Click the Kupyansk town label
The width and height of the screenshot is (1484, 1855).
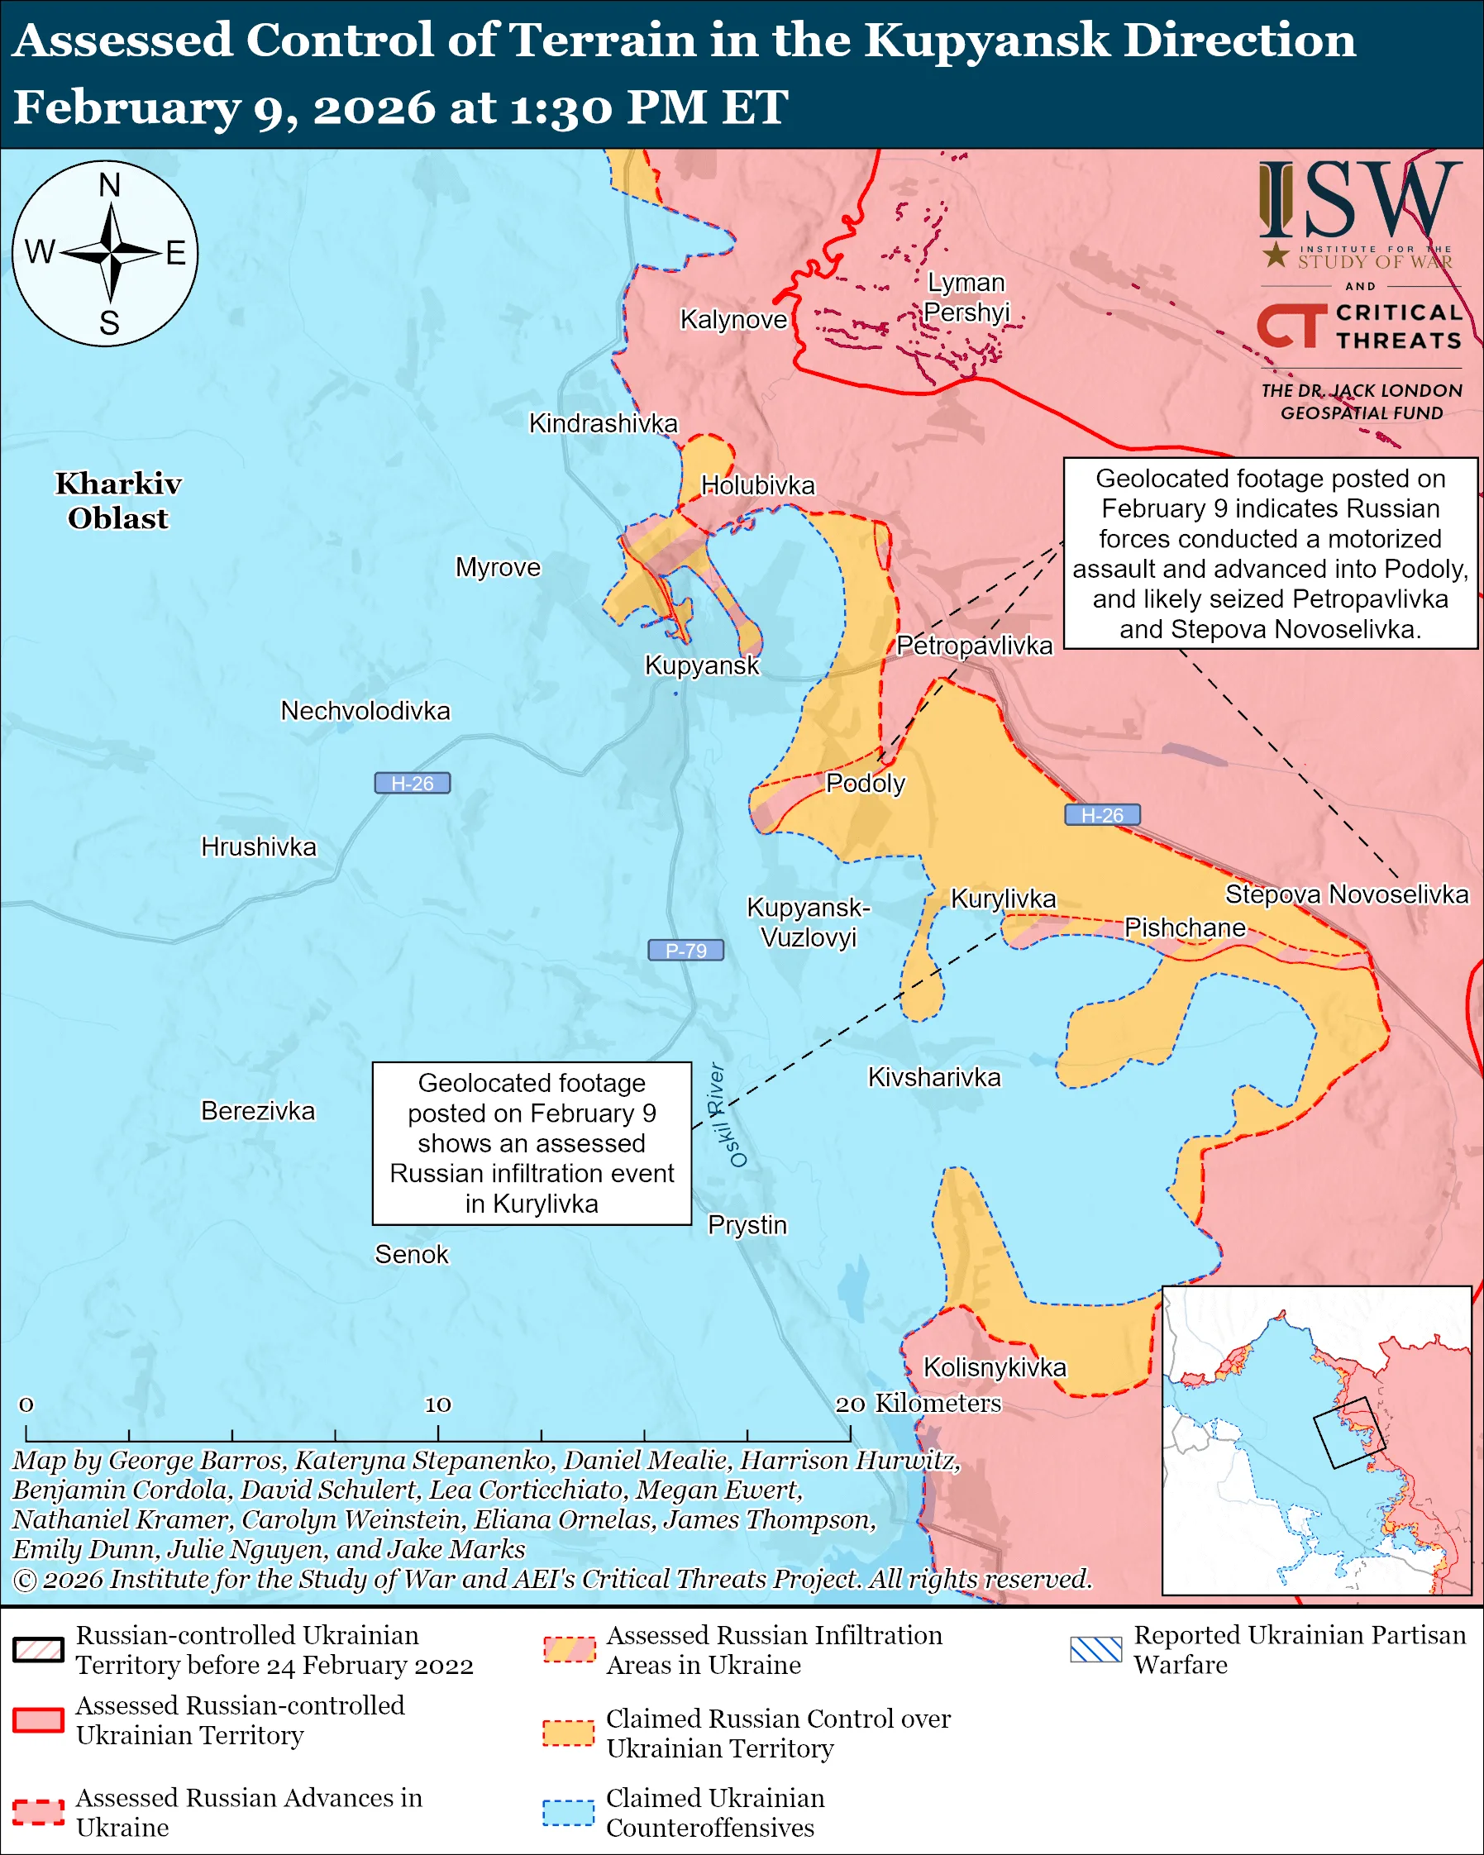[702, 665]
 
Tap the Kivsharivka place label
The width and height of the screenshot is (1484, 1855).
[933, 1077]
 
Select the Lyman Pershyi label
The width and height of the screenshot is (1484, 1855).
[966, 297]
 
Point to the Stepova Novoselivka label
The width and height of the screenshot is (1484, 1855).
[1347, 894]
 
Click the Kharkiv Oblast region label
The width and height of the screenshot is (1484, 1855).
[118, 501]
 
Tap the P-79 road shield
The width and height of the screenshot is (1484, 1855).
[685, 950]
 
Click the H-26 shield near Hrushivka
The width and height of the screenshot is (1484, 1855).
[412, 783]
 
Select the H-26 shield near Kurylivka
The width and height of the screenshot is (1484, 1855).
[1102, 815]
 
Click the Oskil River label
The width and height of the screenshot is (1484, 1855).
[727, 1115]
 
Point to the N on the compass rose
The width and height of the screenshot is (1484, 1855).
[109, 185]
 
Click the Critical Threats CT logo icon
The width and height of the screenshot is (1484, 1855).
[1291, 326]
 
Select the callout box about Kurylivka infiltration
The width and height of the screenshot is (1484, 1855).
[532, 1142]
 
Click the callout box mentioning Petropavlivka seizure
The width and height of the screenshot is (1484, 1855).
[1270, 553]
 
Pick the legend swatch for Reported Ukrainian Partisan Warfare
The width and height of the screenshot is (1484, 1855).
[1096, 1649]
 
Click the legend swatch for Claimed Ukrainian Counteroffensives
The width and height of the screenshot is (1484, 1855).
[568, 1811]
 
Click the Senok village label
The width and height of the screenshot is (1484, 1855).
[411, 1255]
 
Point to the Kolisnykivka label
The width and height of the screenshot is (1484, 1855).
[995, 1367]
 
